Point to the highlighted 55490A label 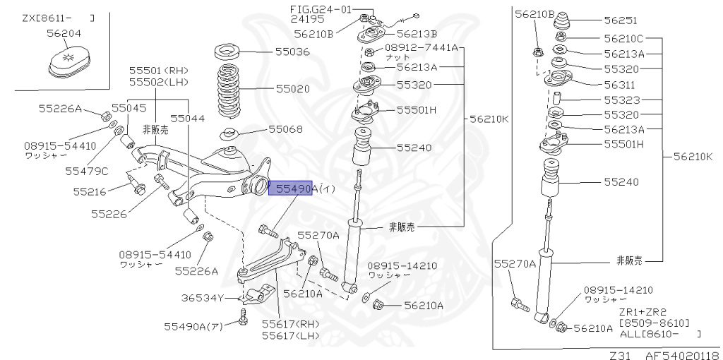290,188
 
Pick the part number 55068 285,129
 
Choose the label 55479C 87,170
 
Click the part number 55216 89,191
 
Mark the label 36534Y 193,298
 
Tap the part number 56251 620,20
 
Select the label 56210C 623,39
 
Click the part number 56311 620,83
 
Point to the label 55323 620,100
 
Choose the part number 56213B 417,33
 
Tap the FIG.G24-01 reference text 320,8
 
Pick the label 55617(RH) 290,324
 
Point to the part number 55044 187,119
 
